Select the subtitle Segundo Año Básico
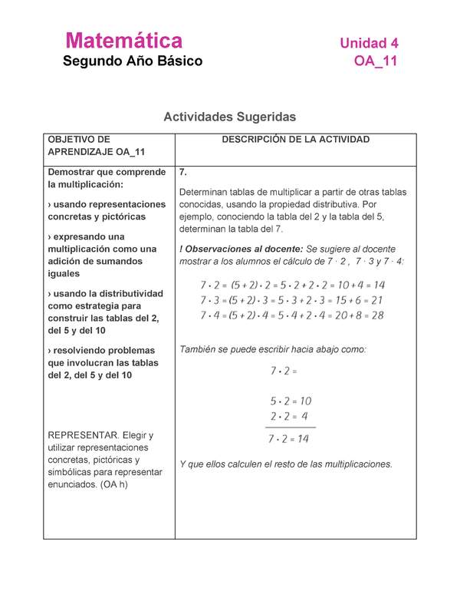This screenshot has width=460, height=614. pos(133,61)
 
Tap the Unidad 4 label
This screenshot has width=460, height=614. pos(369,43)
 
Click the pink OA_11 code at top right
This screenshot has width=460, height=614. pos(376,62)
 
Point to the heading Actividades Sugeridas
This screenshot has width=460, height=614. pos(229,117)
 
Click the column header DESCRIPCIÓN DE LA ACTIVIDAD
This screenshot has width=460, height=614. pos(295,140)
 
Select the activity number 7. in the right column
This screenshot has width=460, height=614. pos(183,173)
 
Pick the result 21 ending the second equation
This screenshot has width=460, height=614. pos(376,300)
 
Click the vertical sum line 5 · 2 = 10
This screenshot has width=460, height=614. pos(291,401)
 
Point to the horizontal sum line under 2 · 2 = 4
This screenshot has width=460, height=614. pos(291,427)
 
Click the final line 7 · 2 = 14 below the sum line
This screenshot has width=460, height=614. pos(289,440)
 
